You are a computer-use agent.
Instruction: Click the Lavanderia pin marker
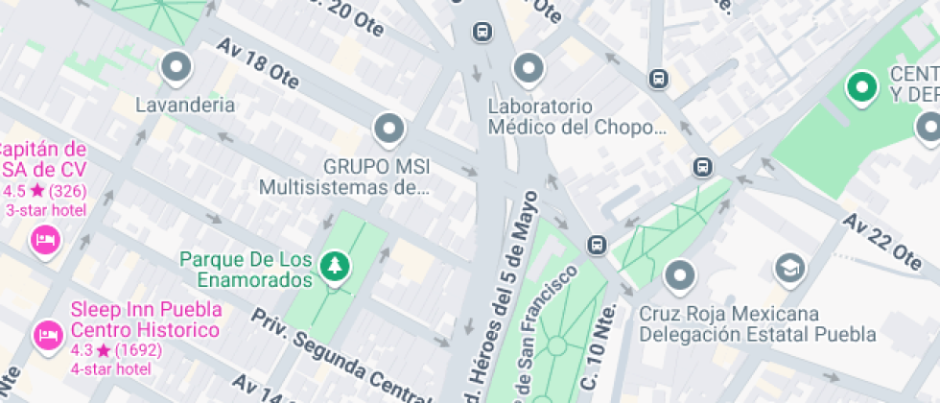point(176,68)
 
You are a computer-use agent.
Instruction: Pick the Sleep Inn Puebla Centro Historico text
point(146,320)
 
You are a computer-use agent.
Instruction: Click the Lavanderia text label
point(185,105)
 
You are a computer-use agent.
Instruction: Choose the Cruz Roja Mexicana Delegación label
point(757,324)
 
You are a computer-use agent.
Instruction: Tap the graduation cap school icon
point(789,266)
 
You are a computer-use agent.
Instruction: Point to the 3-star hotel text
point(46,210)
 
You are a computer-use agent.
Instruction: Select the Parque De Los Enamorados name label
point(247,270)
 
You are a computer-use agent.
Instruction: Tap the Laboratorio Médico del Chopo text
point(576,116)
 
